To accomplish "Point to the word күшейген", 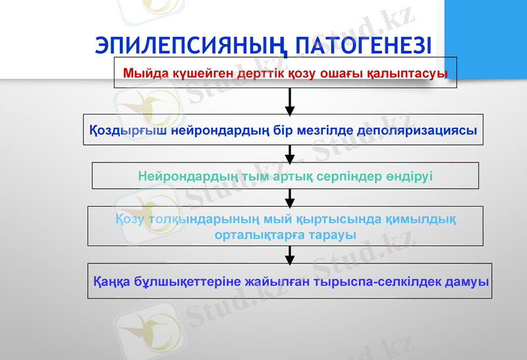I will tap(192, 73).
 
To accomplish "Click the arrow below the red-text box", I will tap(290, 102).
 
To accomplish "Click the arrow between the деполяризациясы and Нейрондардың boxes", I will tap(290, 155).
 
